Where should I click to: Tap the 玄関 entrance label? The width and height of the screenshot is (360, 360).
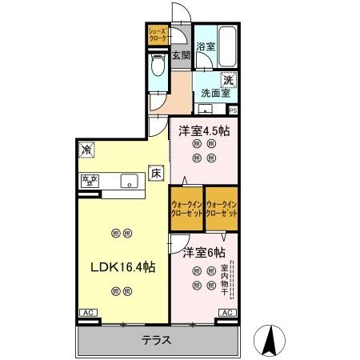(x=180, y=55)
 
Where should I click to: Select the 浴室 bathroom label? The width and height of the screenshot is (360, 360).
(x=206, y=46)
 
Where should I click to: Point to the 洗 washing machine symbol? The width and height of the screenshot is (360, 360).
(x=229, y=79)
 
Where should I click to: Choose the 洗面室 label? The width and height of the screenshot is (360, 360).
(x=216, y=93)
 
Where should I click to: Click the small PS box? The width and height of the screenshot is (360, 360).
(x=233, y=110)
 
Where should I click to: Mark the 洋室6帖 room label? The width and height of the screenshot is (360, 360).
(x=203, y=252)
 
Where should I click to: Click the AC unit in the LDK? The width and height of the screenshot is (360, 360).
(x=88, y=313)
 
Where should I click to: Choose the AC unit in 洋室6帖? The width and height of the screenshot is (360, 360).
(x=226, y=313)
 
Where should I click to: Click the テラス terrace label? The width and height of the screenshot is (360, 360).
(x=156, y=338)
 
